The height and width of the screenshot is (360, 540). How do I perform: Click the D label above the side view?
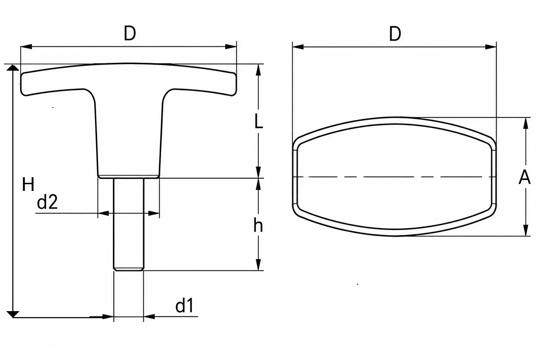[130, 33]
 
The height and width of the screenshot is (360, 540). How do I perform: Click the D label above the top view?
[395, 34]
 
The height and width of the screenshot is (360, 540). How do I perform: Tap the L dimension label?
[259, 121]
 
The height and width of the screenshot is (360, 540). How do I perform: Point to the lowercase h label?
[258, 225]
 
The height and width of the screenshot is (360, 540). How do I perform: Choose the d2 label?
[47, 202]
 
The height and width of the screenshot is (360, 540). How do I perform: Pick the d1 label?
[185, 305]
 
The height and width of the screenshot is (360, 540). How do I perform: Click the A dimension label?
[525, 177]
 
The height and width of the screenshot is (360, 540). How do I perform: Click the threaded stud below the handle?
[129, 224]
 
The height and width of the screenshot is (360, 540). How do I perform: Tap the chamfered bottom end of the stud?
[129, 269]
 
